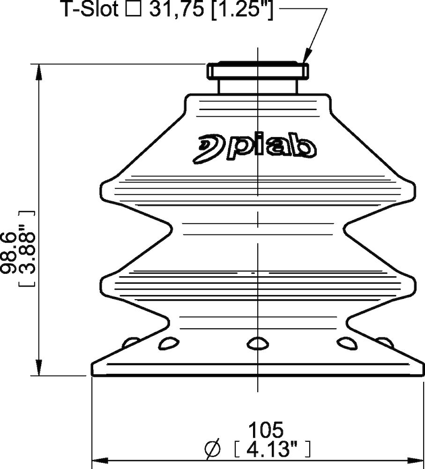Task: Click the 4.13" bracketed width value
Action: point(272,449)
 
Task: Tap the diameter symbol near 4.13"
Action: point(213,449)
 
